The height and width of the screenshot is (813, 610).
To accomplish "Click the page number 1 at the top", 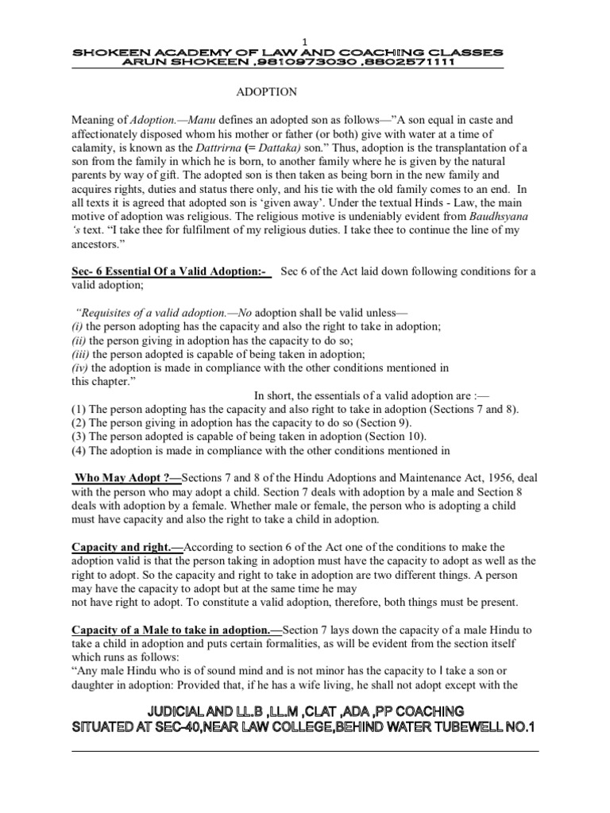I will [x=304, y=41].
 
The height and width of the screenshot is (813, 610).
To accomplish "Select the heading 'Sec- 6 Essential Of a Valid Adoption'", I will [x=171, y=272].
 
